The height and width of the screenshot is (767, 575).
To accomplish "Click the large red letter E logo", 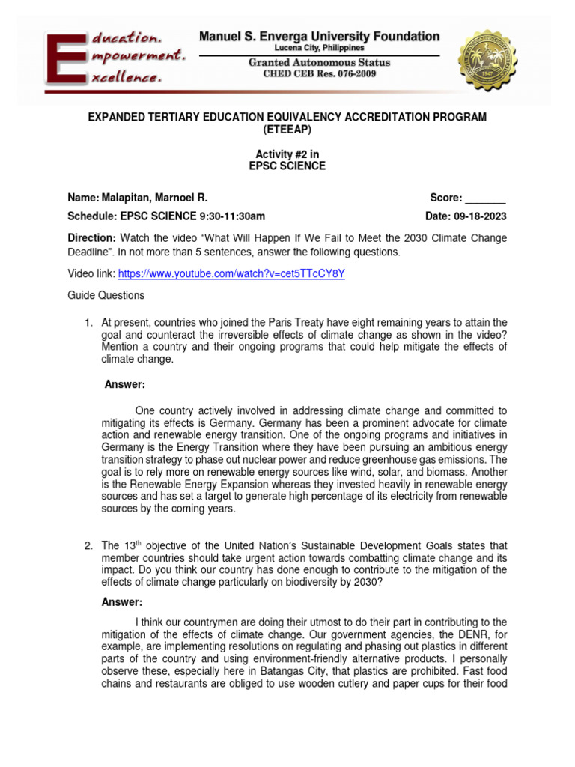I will (x=67, y=58).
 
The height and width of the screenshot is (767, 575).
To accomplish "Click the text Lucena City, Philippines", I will (x=319, y=48).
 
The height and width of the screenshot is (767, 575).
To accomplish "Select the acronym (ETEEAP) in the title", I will (x=287, y=130).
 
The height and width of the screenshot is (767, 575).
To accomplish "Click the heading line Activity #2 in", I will (x=287, y=154).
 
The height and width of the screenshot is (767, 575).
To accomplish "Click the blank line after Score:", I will (x=486, y=198).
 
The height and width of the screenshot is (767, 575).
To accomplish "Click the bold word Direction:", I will (x=91, y=238).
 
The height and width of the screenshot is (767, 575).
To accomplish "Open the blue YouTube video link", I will (x=231, y=273).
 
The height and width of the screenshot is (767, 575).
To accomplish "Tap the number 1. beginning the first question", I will (x=88, y=323).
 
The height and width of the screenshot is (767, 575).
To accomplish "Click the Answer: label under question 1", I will (x=124, y=385).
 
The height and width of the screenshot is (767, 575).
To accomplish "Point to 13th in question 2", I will (x=132, y=545).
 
